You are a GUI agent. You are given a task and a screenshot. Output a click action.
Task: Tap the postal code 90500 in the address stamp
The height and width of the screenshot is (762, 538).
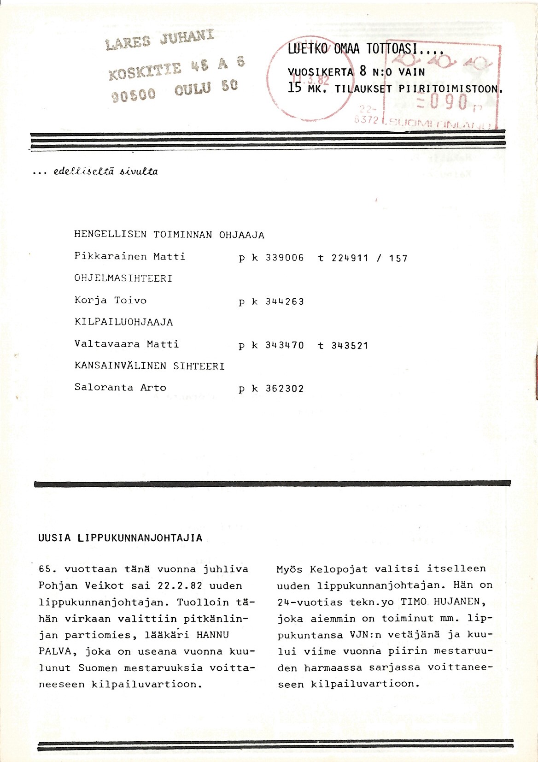point(134,95)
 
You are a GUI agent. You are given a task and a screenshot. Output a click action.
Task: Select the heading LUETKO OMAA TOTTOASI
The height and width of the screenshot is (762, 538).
point(365,48)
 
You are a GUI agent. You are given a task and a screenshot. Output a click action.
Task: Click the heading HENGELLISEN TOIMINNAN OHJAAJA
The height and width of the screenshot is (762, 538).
point(169,235)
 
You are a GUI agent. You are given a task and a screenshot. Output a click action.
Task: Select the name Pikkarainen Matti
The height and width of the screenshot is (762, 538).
point(130,256)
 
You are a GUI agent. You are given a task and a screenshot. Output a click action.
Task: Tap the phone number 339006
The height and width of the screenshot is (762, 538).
point(285,258)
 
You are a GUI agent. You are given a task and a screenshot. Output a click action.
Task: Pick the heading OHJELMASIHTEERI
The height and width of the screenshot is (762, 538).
point(123,278)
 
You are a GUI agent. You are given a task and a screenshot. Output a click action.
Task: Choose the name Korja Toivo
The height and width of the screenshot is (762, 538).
point(111,301)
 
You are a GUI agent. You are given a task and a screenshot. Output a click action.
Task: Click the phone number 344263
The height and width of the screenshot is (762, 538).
point(285,302)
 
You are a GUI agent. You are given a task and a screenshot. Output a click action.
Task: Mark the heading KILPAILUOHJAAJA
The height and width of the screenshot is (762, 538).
point(124,322)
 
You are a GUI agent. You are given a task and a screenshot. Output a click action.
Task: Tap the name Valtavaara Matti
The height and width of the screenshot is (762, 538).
point(127,344)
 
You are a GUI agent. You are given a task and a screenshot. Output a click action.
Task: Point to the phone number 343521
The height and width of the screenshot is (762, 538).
point(350,346)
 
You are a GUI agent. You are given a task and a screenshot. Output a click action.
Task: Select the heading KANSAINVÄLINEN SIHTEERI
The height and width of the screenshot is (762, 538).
point(150,366)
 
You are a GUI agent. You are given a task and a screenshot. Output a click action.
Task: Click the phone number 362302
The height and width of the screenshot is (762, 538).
point(285,389)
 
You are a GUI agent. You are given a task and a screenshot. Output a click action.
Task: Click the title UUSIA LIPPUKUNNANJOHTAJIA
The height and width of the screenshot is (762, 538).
point(121,538)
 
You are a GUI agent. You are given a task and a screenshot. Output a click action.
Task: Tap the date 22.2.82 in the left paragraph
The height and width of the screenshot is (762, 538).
point(180,586)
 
